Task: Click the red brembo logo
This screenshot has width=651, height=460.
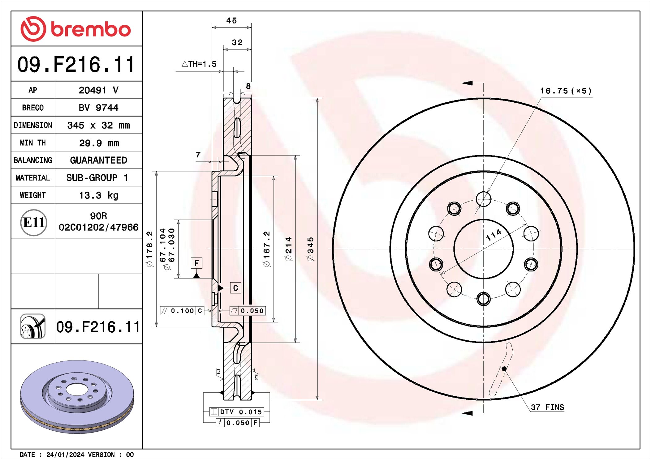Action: [x=76, y=29]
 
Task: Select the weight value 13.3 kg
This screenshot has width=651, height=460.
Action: [x=99, y=195]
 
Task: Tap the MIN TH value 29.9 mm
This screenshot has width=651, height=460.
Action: [x=99, y=143]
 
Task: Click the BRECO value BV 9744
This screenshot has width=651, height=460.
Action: [x=98, y=108]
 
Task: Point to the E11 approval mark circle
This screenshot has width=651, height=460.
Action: [x=33, y=222]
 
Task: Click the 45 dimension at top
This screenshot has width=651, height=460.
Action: [x=231, y=21]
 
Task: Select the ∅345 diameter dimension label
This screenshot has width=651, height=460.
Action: [x=310, y=249]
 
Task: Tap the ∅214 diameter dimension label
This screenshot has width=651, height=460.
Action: [x=288, y=249]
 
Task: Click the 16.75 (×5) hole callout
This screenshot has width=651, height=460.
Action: [x=566, y=91]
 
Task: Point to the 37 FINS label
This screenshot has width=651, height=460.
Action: [x=547, y=407]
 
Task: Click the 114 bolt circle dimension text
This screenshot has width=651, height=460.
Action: [x=494, y=235]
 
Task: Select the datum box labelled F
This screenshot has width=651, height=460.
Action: [x=196, y=263]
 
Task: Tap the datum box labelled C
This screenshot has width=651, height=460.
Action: [x=235, y=288]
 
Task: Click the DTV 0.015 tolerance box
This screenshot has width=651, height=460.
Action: [x=237, y=412]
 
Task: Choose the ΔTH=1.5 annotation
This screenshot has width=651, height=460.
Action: [x=199, y=64]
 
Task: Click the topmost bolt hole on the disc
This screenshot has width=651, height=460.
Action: [x=483, y=199]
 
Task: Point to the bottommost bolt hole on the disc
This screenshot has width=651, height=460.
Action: [x=483, y=299]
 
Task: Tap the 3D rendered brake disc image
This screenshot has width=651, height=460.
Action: [x=77, y=396]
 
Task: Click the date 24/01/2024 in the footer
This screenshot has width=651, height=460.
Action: [x=65, y=454]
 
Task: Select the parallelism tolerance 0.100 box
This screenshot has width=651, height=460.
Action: [x=182, y=311]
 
